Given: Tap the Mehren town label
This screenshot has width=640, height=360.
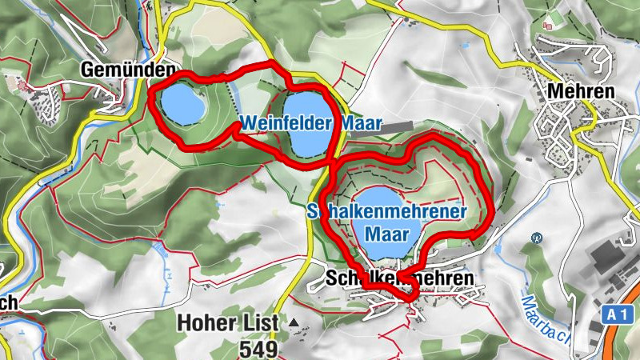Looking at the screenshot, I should [x=581, y=90].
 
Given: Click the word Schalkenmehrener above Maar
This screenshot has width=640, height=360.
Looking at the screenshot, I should [x=387, y=212].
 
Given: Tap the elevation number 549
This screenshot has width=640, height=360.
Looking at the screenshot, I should [x=258, y=349].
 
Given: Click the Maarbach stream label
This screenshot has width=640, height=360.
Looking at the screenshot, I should [x=544, y=316].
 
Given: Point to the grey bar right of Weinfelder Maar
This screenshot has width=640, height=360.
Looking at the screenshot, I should [x=396, y=126].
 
